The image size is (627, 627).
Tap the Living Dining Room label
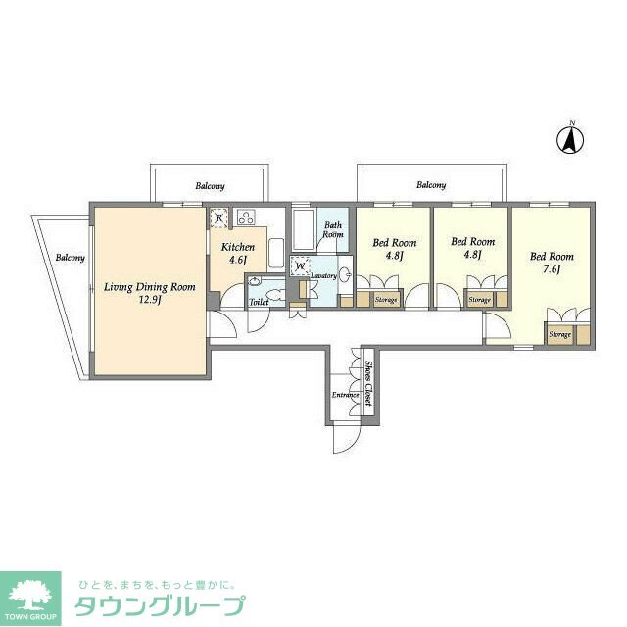click(x=150, y=293)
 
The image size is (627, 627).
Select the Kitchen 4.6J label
click(x=237, y=254)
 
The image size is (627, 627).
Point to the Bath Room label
click(x=333, y=230)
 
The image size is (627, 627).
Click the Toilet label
click(x=259, y=302)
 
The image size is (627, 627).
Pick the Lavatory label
click(x=324, y=276)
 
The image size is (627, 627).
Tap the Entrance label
click(x=344, y=395)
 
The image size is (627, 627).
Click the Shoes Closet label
click(x=368, y=383)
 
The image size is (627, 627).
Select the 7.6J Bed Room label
click(x=552, y=264)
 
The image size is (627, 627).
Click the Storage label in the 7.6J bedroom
click(x=559, y=335)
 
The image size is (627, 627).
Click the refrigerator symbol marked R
click(x=218, y=218)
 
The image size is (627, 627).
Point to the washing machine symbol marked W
click(x=299, y=265)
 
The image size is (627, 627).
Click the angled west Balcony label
click(x=69, y=258)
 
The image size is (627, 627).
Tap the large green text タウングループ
click(x=160, y=604)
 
